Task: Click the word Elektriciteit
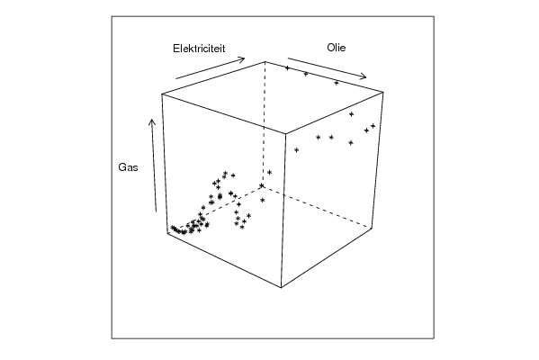click(199, 49)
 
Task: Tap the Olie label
click(337, 48)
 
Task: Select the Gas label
click(128, 167)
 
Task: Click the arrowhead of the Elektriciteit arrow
click(242, 59)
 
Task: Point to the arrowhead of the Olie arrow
click(364, 77)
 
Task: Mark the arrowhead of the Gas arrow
click(151, 121)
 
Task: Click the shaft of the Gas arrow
click(154, 166)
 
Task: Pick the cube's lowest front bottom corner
click(281, 287)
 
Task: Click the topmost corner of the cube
click(265, 61)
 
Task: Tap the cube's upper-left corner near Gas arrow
click(162, 94)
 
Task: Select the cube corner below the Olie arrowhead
click(383, 92)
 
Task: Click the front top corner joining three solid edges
click(286, 133)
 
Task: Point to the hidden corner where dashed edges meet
click(262, 185)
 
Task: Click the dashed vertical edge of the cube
click(264, 124)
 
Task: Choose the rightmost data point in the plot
click(373, 126)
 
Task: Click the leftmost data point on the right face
click(296, 150)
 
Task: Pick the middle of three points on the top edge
click(306, 74)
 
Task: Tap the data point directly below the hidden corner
click(263, 200)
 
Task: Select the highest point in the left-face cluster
click(225, 173)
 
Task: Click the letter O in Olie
click(330, 48)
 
